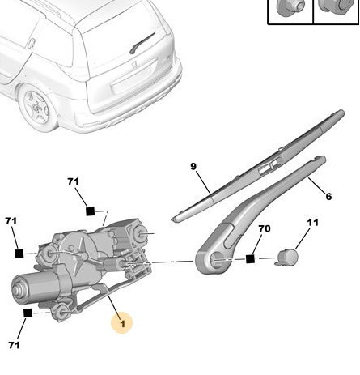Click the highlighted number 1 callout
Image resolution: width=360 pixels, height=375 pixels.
point(122,324)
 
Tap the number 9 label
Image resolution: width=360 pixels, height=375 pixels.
point(193,167)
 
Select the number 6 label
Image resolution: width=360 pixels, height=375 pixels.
point(328,196)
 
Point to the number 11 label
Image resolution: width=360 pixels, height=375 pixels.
point(312,223)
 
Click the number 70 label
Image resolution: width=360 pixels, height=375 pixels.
point(264,229)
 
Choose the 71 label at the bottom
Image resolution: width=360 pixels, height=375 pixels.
point(14,346)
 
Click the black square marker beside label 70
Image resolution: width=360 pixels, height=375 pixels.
point(251,259)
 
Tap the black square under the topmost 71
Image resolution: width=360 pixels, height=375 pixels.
point(91,211)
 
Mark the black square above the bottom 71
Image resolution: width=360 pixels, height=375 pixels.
point(28,312)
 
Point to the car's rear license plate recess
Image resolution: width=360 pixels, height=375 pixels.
point(133,79)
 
